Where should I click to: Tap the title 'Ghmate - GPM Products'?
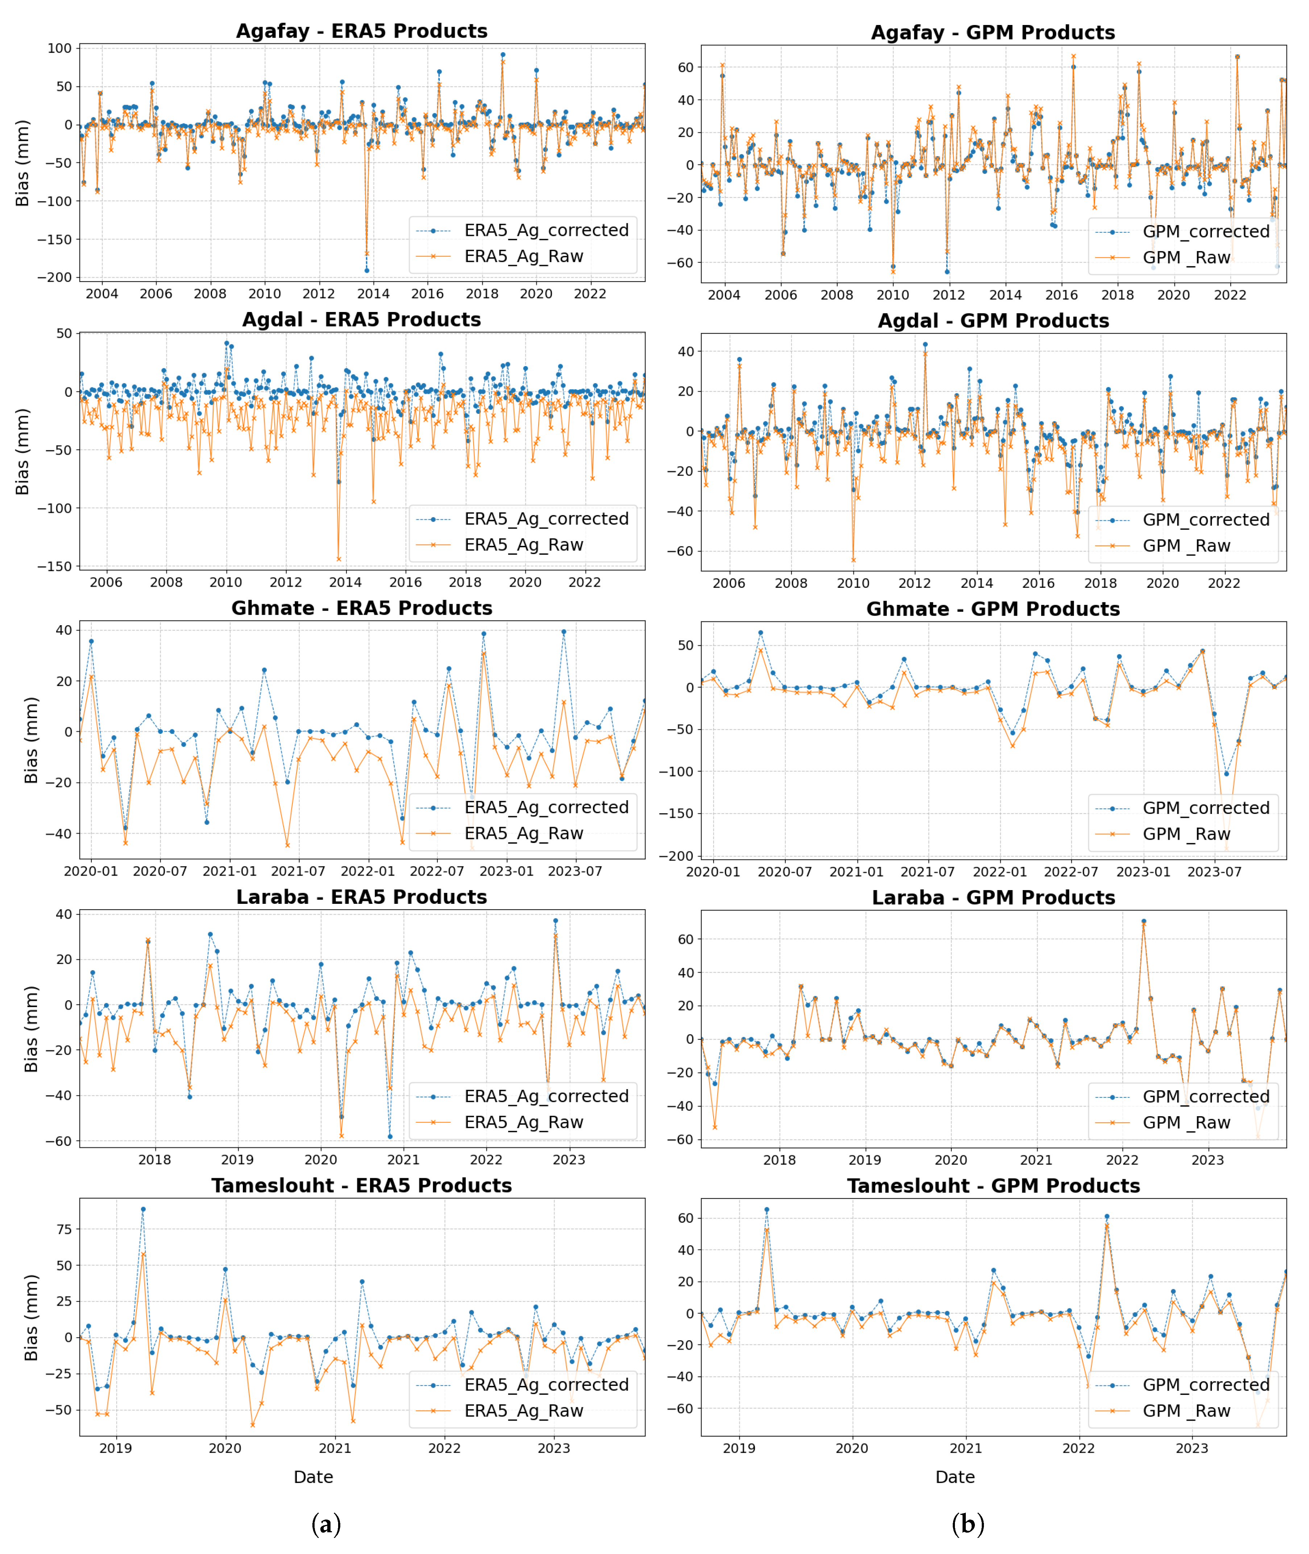tap(993, 609)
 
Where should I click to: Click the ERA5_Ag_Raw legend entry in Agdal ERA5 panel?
tap(523, 545)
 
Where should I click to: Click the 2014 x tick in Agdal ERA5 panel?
tap(346, 582)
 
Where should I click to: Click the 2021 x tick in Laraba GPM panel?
tap(1036, 1160)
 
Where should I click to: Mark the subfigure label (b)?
tap(968, 1524)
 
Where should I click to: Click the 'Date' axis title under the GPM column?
tap(955, 1477)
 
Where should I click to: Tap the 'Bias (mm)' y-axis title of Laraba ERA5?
tap(31, 1029)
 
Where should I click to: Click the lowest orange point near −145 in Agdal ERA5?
tap(339, 559)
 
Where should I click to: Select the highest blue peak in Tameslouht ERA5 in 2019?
tap(143, 1209)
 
